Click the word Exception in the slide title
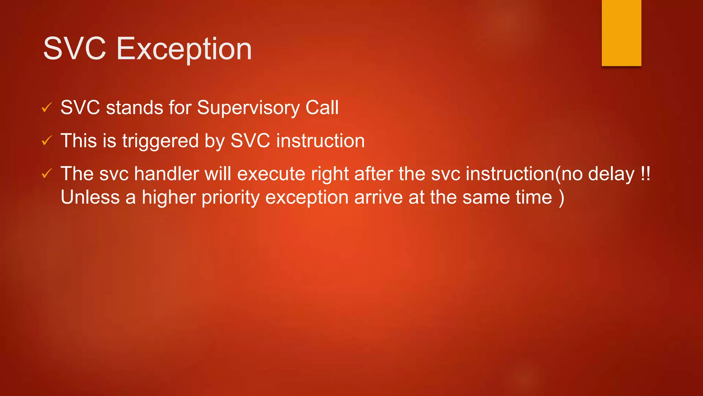click(x=184, y=49)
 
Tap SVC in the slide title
click(x=74, y=49)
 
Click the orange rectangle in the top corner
click(x=621, y=33)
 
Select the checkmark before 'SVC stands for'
click(x=46, y=108)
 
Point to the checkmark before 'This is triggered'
click(x=46, y=141)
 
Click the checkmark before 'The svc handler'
click(x=46, y=174)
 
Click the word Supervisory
click(x=249, y=108)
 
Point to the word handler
click(x=166, y=174)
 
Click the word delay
click(x=611, y=174)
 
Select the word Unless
click(x=90, y=197)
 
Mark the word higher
click(x=169, y=198)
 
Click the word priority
click(x=230, y=198)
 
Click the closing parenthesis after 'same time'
click(x=561, y=198)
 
